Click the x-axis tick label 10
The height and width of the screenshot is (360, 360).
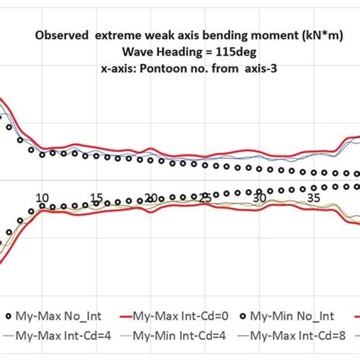[x=42, y=196]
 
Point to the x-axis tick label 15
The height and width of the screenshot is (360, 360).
[x=96, y=198]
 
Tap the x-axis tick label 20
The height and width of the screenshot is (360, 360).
[x=151, y=198]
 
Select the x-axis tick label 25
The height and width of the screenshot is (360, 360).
[x=205, y=198]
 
